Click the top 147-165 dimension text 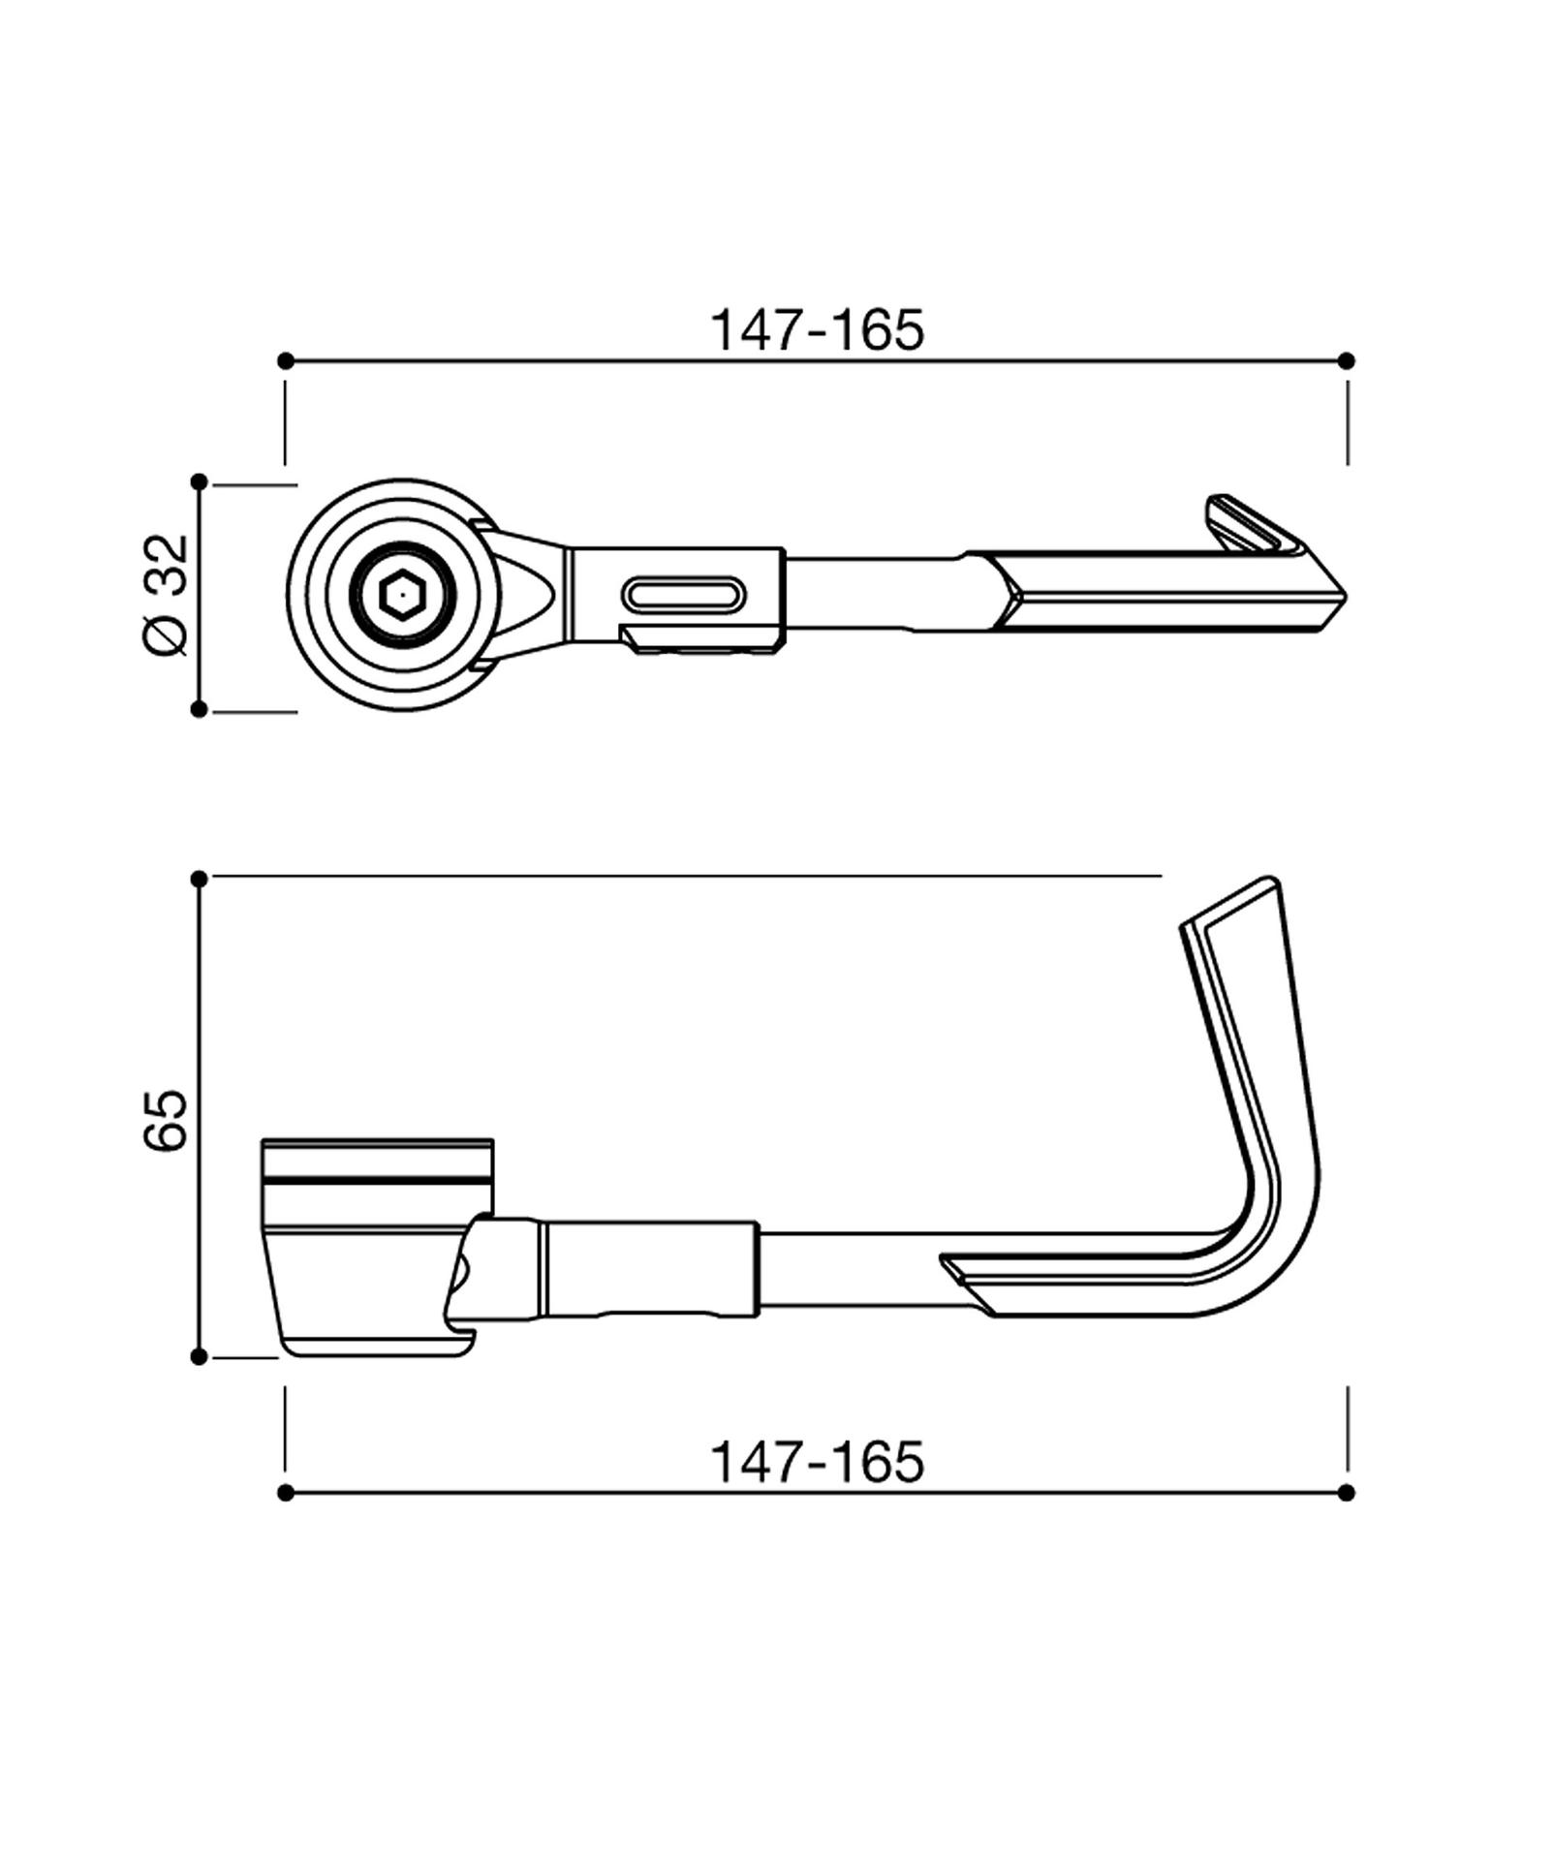[818, 330]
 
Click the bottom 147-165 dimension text [818, 1462]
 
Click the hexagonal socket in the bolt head [397, 593]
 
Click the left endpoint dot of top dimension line [285, 360]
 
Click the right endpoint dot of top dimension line [1346, 360]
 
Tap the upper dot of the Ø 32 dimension [200, 481]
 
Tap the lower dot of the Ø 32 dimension [200, 709]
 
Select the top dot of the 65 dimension [200, 879]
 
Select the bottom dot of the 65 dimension [200, 1356]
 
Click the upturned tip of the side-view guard [1250, 896]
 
